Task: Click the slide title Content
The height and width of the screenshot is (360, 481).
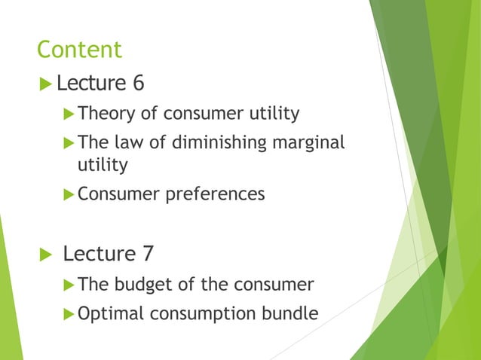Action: pos(79,50)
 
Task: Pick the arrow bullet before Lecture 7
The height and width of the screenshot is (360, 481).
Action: pos(45,254)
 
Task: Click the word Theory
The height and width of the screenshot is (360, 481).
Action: pos(105,114)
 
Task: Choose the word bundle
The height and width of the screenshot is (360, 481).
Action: pos(290,313)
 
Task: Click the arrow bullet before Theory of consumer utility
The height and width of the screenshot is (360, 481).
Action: pos(69,114)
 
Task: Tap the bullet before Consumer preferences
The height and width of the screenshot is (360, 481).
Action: pos(69,194)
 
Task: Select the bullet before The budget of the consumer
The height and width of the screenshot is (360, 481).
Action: pos(69,285)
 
